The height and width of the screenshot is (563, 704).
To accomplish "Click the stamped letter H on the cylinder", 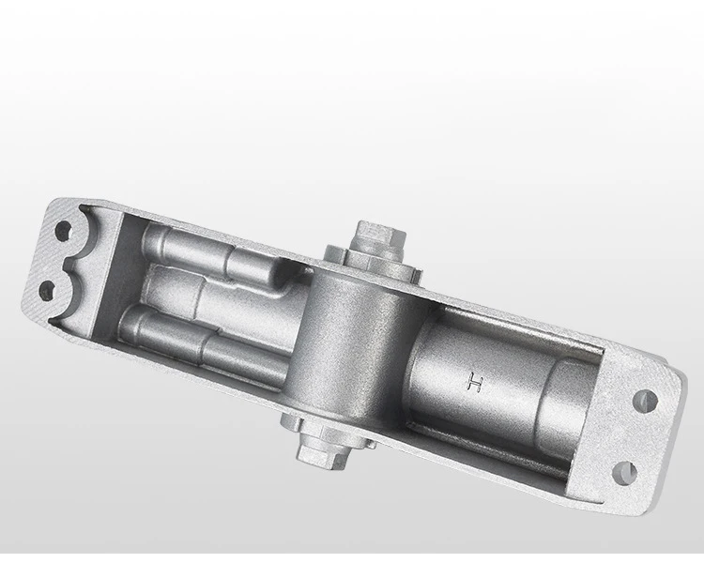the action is click(475, 382).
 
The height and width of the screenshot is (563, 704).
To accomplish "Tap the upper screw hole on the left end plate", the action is click(63, 230).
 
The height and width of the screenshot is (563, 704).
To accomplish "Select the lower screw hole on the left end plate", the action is click(47, 291).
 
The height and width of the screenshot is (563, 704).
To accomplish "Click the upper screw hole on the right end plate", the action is click(645, 401).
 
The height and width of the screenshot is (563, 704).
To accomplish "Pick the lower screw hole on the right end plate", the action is click(625, 473).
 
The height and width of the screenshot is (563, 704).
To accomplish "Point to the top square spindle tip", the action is click(380, 236).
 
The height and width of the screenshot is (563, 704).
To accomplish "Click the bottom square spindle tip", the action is click(321, 452).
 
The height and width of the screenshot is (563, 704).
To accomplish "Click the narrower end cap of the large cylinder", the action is click(568, 400).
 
